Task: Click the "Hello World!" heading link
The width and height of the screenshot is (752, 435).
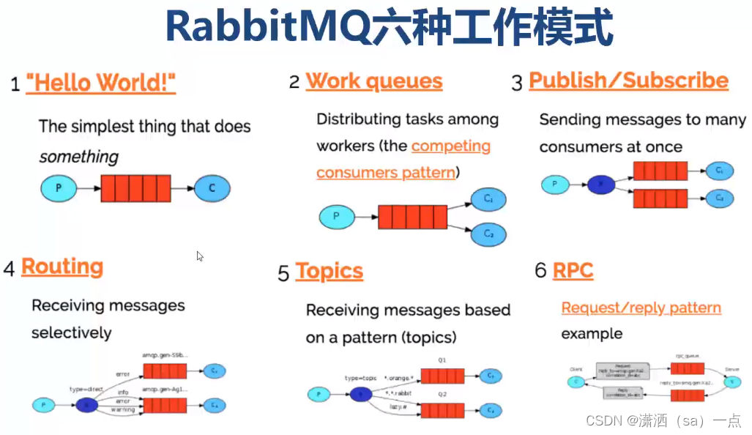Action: coord(101,83)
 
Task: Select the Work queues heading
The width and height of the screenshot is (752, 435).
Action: coord(373,81)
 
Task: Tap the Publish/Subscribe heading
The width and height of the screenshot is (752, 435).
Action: coord(628,81)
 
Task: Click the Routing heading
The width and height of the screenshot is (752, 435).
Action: coord(62,267)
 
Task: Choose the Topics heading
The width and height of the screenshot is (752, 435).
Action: coord(329,272)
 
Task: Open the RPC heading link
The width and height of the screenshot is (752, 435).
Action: coord(573,271)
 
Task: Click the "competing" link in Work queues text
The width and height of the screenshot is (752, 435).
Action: coord(450,146)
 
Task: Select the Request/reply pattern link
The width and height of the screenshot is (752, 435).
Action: coord(641,308)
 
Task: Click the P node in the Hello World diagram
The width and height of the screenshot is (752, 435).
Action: coord(59,188)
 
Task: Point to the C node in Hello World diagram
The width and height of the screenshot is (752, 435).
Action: coord(212,188)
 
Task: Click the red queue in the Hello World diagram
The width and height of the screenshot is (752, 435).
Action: coord(135,188)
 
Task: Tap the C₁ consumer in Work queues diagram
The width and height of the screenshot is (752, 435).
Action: coord(488,199)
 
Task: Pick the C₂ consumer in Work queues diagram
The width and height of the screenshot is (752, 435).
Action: coord(488,234)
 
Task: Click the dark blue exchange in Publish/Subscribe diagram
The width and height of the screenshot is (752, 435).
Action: coord(602,185)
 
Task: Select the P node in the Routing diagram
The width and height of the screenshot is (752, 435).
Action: coord(45,405)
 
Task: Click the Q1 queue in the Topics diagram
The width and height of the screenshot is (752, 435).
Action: coord(442,376)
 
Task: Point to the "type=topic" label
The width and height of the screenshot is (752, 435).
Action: coord(360,378)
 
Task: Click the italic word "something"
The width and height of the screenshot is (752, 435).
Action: coord(78,157)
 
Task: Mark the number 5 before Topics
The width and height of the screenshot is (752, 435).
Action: coord(283,273)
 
